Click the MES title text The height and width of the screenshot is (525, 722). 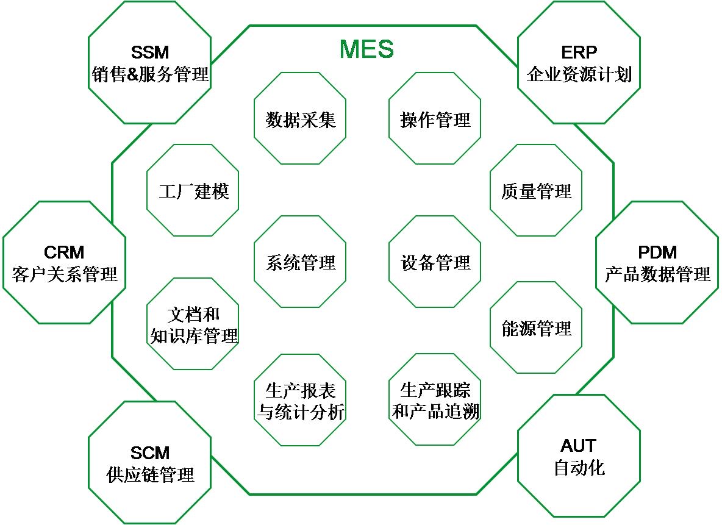tap(366, 49)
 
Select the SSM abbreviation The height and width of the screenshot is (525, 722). tap(149, 52)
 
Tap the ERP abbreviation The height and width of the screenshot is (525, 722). tap(579, 52)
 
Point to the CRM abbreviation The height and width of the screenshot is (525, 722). tap(64, 252)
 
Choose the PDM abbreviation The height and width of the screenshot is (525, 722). tap(657, 252)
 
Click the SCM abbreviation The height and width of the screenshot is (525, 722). tap(149, 453)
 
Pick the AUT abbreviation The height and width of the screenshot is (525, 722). tap(579, 446)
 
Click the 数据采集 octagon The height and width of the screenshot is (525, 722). tap(300, 119)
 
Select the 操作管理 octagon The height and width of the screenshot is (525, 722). tap(435, 119)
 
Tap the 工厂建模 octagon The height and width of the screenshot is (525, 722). tap(193, 191)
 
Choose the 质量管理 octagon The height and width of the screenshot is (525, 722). tap(536, 191)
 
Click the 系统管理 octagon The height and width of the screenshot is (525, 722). tap(300, 263)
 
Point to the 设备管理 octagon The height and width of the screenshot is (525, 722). tap(435, 263)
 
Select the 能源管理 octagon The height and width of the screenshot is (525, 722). tap(536, 328)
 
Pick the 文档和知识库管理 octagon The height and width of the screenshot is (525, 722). tap(193, 324)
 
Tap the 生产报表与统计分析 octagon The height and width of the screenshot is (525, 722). tap(300, 401)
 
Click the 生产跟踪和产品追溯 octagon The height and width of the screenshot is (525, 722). tap(435, 401)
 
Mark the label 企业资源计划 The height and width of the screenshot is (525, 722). tap(579, 75)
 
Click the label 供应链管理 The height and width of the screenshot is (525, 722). tap(149, 475)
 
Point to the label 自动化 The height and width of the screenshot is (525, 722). tap(579, 468)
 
